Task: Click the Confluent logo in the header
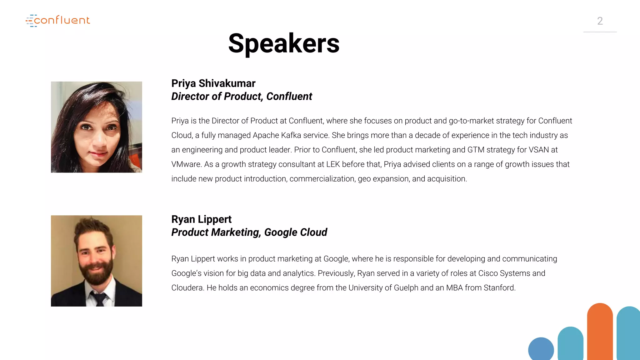tap(58, 21)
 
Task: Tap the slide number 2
tap(600, 21)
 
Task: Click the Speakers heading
tap(284, 43)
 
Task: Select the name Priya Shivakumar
tap(213, 83)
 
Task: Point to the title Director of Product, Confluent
tap(242, 97)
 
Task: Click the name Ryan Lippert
tap(201, 219)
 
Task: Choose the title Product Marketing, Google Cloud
tap(249, 232)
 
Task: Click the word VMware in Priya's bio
tap(186, 164)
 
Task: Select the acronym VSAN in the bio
tap(539, 150)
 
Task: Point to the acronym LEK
tap(333, 164)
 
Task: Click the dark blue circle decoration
tap(541, 349)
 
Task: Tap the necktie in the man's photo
tap(99, 298)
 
